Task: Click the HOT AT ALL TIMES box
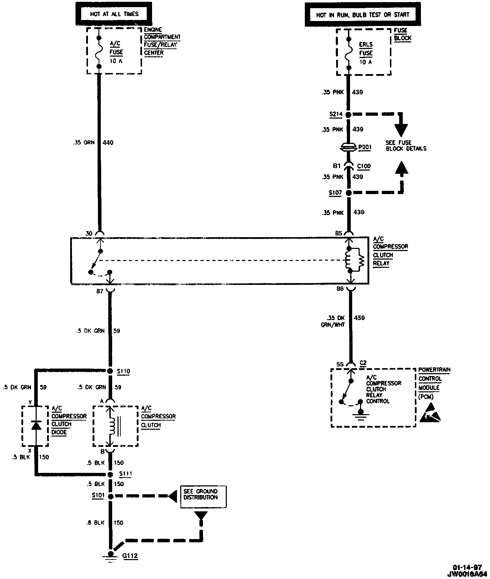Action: click(x=109, y=14)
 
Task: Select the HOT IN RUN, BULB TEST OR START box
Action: click(x=363, y=15)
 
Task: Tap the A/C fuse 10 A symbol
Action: click(x=99, y=51)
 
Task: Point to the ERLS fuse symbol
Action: click(x=349, y=52)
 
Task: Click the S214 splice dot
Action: click(x=349, y=115)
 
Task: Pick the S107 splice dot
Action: click(x=349, y=193)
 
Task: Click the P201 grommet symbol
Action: click(x=349, y=147)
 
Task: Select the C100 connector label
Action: click(x=364, y=166)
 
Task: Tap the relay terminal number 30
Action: click(x=89, y=234)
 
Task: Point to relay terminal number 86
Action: click(x=340, y=289)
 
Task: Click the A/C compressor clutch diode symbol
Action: click(x=35, y=426)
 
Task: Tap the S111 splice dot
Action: click(x=110, y=474)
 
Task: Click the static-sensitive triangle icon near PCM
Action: click(x=429, y=414)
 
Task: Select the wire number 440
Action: click(x=108, y=143)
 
